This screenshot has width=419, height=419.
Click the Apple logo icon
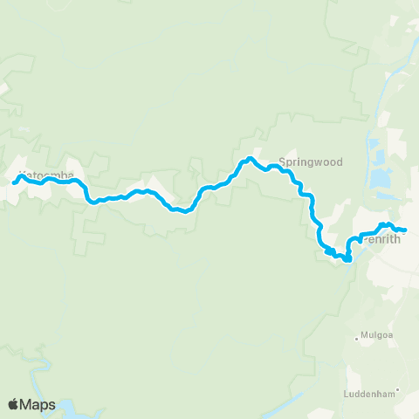click(13, 404)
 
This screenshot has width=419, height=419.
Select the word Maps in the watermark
click(39, 404)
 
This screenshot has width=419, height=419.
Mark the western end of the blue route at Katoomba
click(13, 182)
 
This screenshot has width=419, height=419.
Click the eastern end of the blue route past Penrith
click(406, 230)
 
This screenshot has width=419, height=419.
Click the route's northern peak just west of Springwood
click(250, 158)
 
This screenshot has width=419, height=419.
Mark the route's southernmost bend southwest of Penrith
click(347, 259)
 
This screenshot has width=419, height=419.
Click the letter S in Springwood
click(282, 162)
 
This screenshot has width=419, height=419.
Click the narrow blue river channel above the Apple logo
click(35, 375)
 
